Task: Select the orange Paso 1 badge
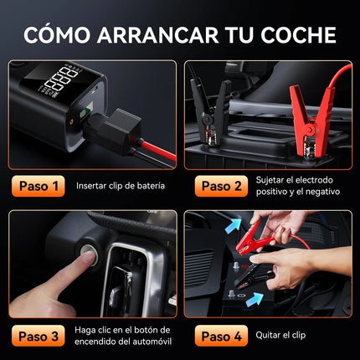coord(39,185)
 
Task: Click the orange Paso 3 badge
coord(39,336)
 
